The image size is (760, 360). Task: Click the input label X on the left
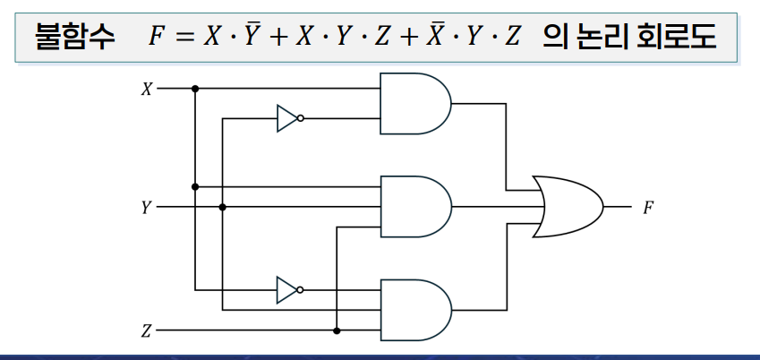pyautogui.click(x=147, y=89)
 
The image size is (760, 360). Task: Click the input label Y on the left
pyautogui.click(x=147, y=208)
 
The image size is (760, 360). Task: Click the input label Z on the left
pyautogui.click(x=147, y=330)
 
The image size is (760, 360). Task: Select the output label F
pyautogui.click(x=648, y=208)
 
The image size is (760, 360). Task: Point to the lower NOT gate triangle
pyautogui.click(x=286, y=289)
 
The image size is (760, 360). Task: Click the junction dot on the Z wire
pyautogui.click(x=337, y=330)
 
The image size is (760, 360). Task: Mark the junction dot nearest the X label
pyautogui.click(x=195, y=89)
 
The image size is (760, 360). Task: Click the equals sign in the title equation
pyautogui.click(x=184, y=36)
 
